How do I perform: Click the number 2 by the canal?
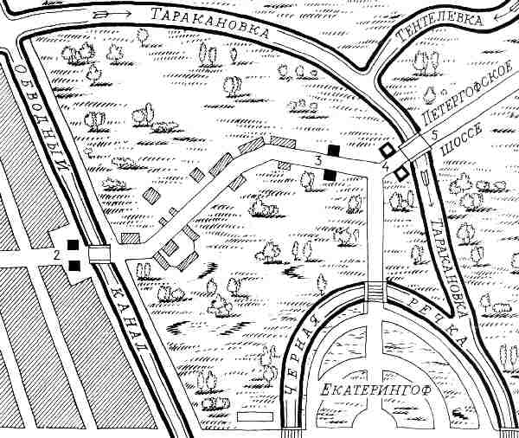point(56,255)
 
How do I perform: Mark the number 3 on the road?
point(318,161)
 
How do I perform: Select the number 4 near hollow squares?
point(384,162)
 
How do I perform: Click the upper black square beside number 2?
point(75,245)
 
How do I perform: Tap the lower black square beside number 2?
point(75,265)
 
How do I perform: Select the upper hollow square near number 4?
point(390,149)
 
